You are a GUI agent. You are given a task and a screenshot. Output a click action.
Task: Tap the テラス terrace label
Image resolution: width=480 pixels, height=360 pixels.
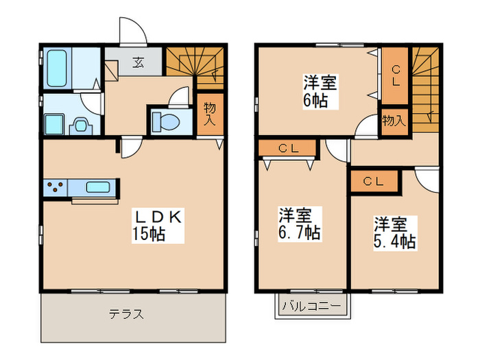[x=126, y=315]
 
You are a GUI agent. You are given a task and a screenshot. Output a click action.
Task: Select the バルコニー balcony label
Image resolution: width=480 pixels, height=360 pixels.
[x=313, y=305]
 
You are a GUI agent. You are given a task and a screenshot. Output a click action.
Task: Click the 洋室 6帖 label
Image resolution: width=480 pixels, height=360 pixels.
[x=320, y=92]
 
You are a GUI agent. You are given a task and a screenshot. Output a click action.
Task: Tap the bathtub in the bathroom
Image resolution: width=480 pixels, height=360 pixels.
[x=56, y=69]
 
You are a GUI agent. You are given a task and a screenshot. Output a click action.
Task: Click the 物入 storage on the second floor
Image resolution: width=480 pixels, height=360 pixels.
[x=394, y=121]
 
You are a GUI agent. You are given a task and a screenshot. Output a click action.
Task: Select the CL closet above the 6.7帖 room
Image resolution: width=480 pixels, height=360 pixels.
[x=287, y=148]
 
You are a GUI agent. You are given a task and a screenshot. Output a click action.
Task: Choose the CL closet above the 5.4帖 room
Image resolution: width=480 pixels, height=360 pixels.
[x=373, y=181]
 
